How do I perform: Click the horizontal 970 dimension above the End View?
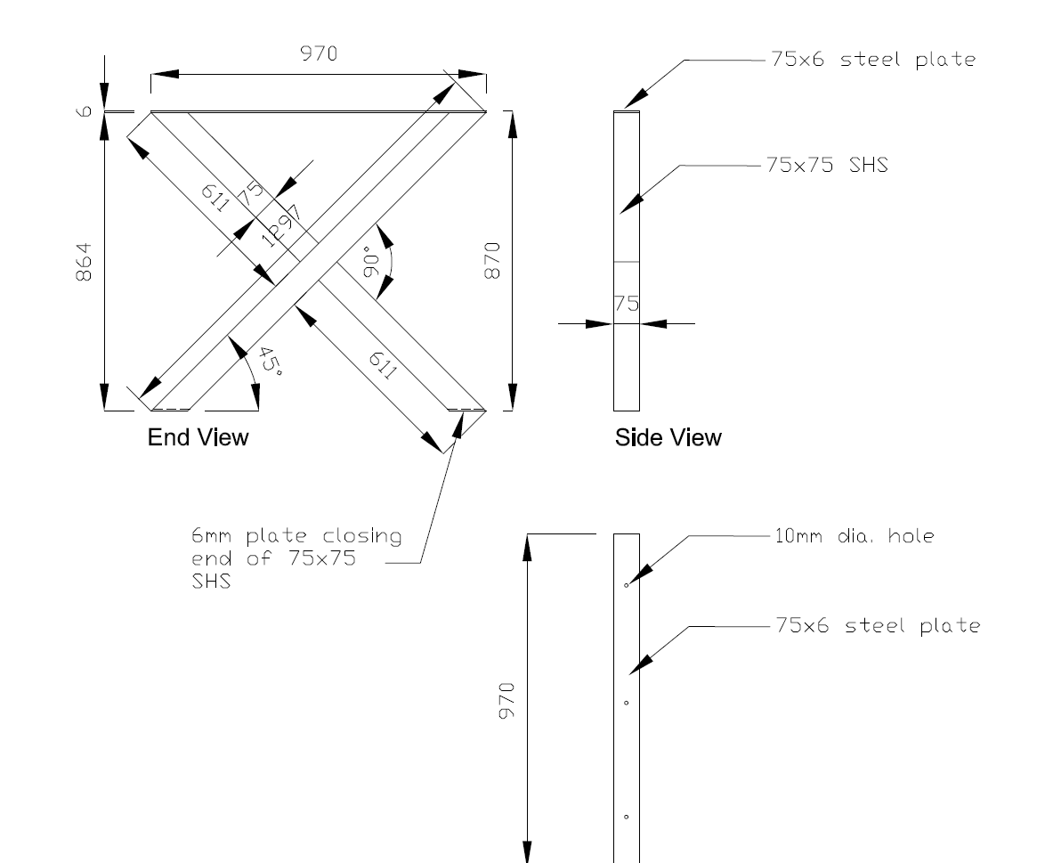tap(318, 54)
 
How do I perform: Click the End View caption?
tap(198, 437)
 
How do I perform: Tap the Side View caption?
tap(668, 437)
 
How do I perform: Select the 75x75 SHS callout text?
tap(827, 166)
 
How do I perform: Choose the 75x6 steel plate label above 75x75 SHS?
tap(870, 61)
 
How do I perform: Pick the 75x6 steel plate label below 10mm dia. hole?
tap(879, 626)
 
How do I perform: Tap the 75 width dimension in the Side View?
tap(627, 304)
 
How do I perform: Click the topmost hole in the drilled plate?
tap(626, 585)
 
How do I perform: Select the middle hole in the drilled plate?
tap(626, 703)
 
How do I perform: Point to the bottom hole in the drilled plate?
tap(626, 817)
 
